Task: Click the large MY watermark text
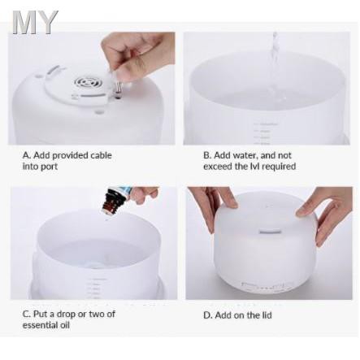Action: pos(35,23)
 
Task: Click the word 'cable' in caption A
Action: pos(101,155)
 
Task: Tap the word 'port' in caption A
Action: pos(49,167)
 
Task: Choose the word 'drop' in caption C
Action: pos(65,314)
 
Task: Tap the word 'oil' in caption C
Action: pos(64,325)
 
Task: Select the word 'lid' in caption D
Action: pos(267,315)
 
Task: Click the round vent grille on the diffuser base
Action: pos(85,81)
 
